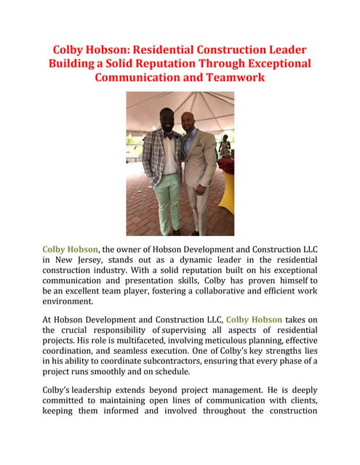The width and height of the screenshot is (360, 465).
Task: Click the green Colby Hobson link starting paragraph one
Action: click(x=70, y=249)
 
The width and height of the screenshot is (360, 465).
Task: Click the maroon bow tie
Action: click(x=169, y=134)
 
